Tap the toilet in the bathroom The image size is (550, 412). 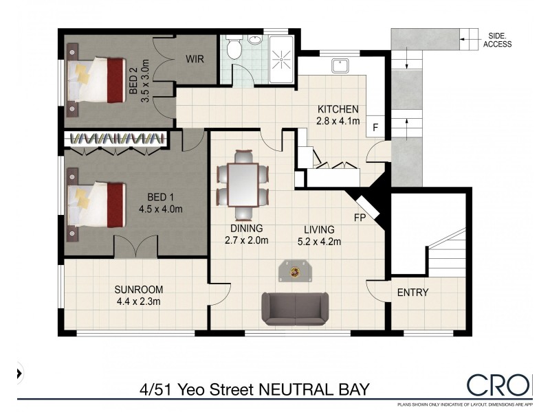tap(234, 48)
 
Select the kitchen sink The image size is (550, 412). tap(339, 67)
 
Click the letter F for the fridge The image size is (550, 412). tap(375, 127)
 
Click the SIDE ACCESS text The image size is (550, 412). tap(497, 39)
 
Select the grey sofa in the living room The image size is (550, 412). tap(295, 308)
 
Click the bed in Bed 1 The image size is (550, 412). tap(96, 204)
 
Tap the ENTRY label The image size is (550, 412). tap(412, 293)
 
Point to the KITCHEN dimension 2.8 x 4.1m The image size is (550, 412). tap(338, 122)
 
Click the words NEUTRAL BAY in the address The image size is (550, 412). tap(313, 389)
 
